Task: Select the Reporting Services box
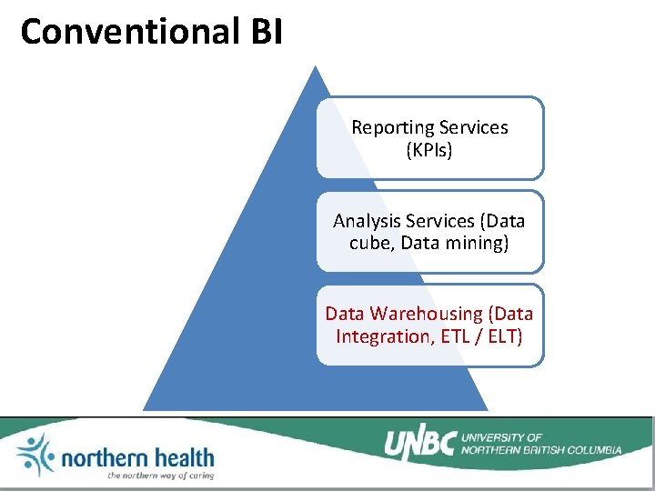(429, 137)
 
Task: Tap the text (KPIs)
(429, 150)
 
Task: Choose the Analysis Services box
(429, 231)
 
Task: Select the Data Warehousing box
(429, 325)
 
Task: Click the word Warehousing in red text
(426, 314)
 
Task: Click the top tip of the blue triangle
(316, 67)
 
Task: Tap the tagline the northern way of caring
(159, 475)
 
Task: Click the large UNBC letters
(419, 443)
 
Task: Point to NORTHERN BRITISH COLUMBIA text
(541, 449)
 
